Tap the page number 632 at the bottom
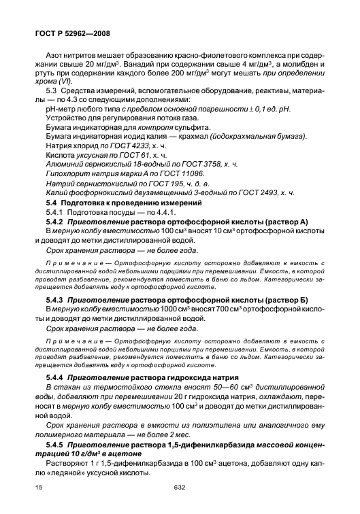[180, 486]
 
